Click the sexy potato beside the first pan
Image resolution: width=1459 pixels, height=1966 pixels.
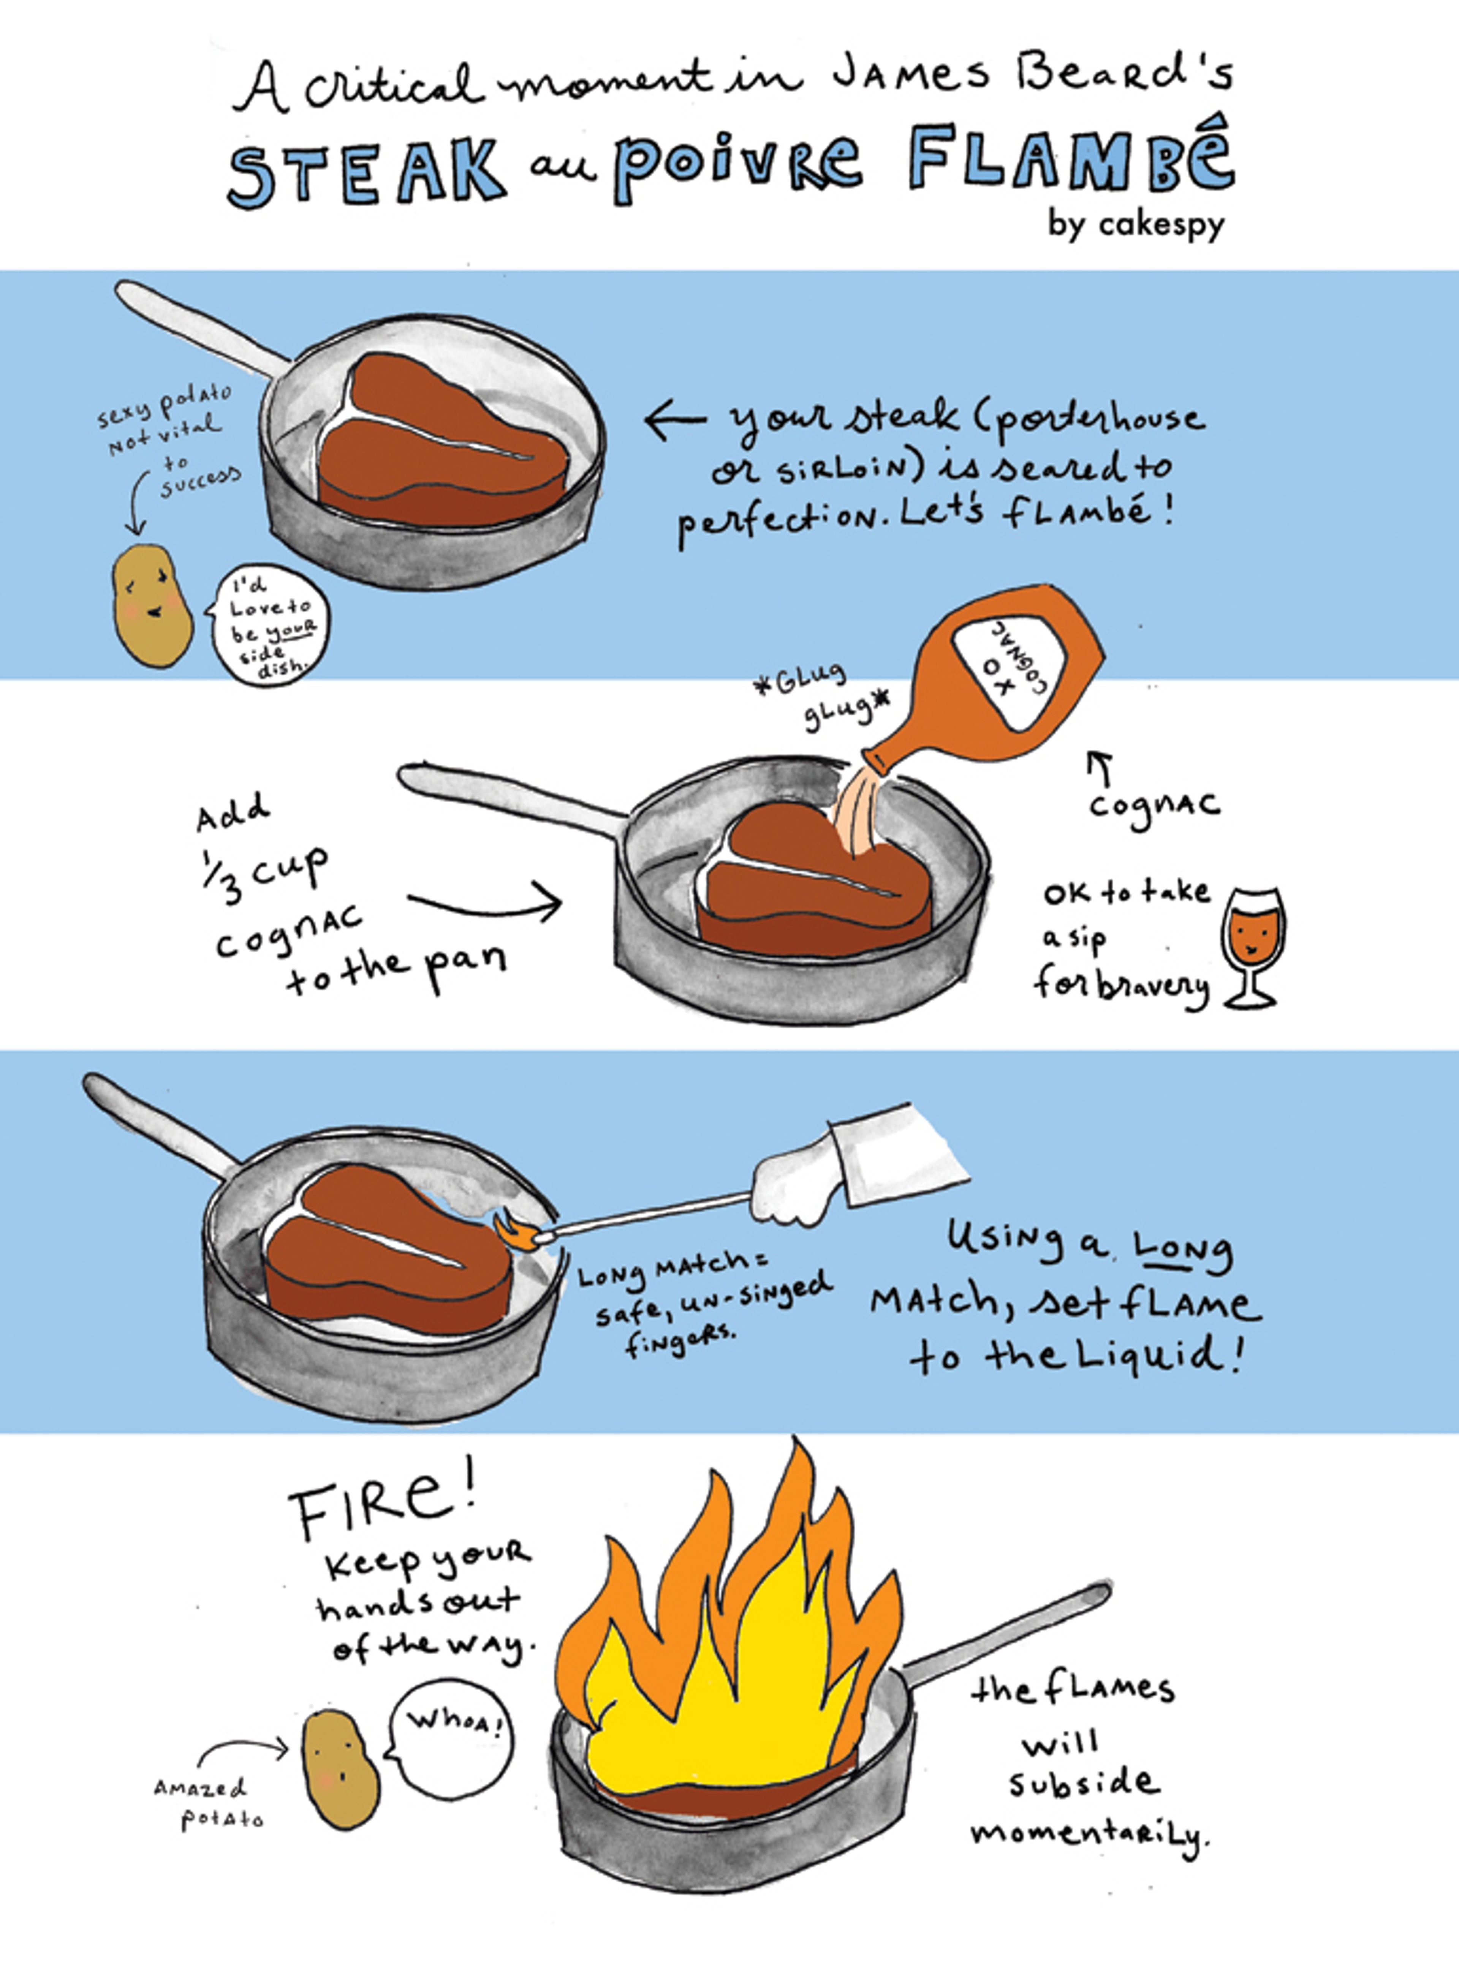pos(152,605)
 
